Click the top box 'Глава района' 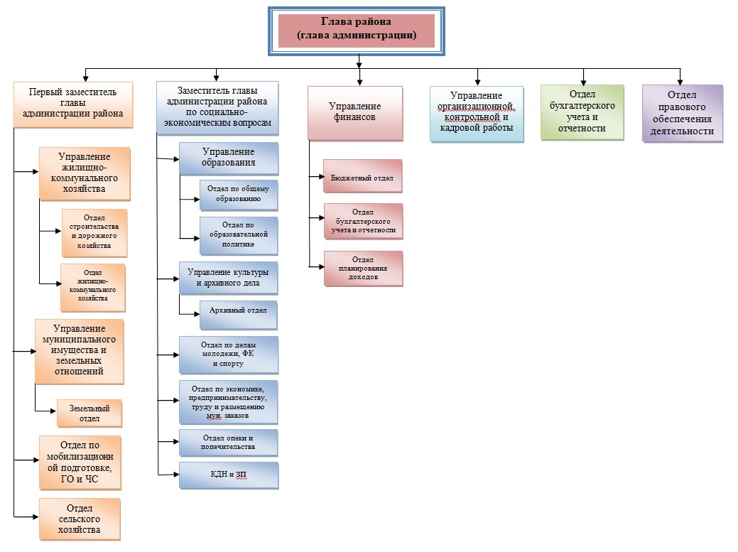pos(356,31)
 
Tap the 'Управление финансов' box pos(355,112)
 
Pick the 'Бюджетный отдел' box pos(362,178)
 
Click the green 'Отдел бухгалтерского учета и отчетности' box pos(582,112)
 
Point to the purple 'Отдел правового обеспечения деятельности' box pos(682,114)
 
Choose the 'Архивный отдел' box pos(238,315)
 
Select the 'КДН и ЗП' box pos(228,475)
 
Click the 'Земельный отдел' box pos(89,413)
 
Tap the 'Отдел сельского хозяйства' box pos(80,519)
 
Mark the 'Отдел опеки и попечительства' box pos(228,443)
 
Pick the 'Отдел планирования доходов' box pos(363,269)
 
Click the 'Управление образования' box pos(228,158)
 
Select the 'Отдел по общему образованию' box pos(238,195)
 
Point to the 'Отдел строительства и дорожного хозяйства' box pos(94,232)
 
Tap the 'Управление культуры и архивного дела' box pos(228,278)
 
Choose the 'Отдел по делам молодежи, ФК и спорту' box pos(228,355)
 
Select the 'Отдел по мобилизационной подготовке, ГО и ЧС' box pos(80,462)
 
